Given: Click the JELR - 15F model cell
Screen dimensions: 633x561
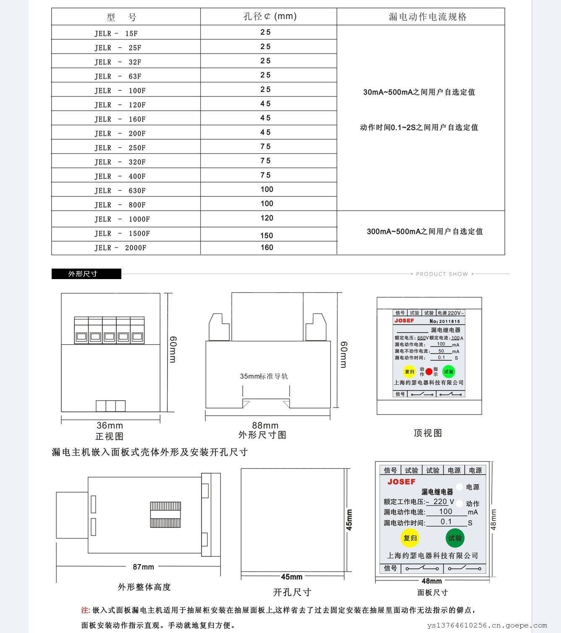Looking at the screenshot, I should pos(116,33).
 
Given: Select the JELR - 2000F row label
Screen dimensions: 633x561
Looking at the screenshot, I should pos(120,248).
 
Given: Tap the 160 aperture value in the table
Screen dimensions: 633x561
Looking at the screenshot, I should pos(267,247).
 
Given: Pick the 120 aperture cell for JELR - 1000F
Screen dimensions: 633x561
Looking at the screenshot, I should pos(267,218).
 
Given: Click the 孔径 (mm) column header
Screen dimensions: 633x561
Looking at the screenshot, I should pos(270,16).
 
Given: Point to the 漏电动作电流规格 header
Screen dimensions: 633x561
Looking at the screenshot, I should pos(427,17).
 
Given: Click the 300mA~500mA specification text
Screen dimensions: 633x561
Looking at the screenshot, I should pos(425,231).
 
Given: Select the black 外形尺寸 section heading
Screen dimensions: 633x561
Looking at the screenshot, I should pos(86,274).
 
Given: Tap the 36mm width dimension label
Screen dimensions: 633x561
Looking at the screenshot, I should pos(110,425).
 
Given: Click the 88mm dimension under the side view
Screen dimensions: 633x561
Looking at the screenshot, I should pos(265,425).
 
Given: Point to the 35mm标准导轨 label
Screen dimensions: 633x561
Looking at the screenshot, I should pos(264,376).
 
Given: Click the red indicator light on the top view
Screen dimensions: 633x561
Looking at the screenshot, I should pos(429,371).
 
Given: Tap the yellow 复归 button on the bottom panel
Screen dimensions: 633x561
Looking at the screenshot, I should pos(410,538).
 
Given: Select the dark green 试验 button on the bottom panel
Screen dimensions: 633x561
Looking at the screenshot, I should pos(455,538).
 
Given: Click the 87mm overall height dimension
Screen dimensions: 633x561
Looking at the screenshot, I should pos(143,567).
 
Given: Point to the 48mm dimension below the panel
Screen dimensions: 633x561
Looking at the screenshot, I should pos(431,581).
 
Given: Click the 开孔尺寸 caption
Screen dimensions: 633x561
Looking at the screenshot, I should pos(292,592).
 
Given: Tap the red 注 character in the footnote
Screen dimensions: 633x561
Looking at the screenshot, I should pos(84,609).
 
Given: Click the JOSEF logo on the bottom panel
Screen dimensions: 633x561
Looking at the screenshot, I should pos(401,482).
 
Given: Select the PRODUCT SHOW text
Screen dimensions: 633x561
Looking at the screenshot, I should pos(442,274).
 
